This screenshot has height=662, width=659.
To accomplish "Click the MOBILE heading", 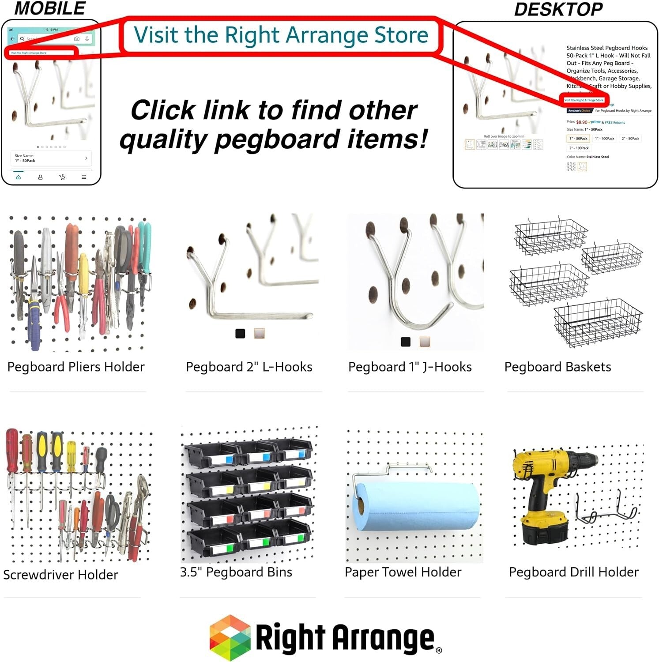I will pos(50,8).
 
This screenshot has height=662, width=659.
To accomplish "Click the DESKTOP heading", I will pos(558,9).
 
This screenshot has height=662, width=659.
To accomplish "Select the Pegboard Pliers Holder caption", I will pos(76,367).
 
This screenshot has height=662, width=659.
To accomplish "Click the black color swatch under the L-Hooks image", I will pos(240,334).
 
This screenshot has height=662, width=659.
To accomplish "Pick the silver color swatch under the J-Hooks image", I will pos(425,342).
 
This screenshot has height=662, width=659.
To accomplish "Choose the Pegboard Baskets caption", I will pos(557,367).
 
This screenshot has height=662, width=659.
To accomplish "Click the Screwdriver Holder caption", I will pos(60,575).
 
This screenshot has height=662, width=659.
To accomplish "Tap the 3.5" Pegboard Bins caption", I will pos(236,572).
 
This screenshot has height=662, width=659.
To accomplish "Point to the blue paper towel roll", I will pos(415,505).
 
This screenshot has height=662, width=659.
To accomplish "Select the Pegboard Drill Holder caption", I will pos(573,572).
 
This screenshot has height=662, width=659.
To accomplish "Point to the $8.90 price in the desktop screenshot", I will pos(582,122).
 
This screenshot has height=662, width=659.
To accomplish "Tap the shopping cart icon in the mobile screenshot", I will pos(62,177).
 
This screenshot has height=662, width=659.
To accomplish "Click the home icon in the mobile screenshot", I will pos(19,177).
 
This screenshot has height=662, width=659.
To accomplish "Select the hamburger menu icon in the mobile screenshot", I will pos(84,177).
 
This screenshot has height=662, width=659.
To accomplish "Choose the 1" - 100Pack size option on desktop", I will pos(604,139).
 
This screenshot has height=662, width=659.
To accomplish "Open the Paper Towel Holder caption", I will pos(403,572).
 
